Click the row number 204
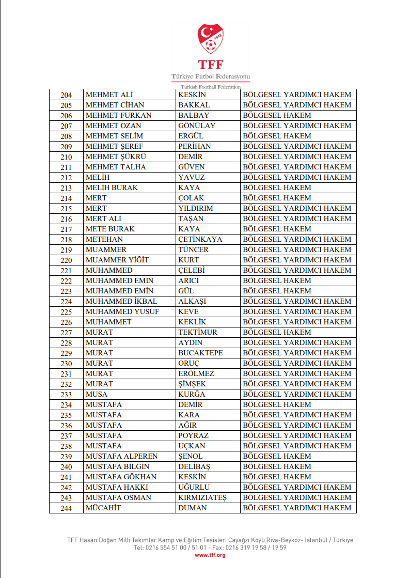[x=66, y=95]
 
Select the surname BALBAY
[x=194, y=115]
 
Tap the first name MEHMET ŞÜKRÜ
[x=113, y=157]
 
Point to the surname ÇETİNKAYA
[x=200, y=239]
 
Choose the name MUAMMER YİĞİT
[x=117, y=260]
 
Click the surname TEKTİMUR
[x=198, y=332]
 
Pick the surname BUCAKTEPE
[x=201, y=353]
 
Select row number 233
[x=66, y=395]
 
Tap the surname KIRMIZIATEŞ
[x=202, y=497]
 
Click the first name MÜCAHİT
[x=103, y=508]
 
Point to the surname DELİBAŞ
[x=194, y=466]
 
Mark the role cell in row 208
[x=277, y=136]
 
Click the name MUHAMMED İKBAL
[x=121, y=301]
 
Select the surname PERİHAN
[x=195, y=146]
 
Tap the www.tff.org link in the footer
[x=210, y=555]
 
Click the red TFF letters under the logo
[x=210, y=65]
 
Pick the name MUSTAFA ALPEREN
[x=122, y=456]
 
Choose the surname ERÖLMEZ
[x=196, y=373]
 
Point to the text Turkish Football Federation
[x=211, y=87]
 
